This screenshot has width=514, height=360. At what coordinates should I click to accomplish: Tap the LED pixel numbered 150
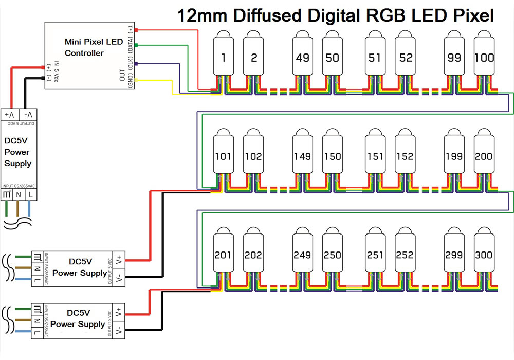pos(333,155)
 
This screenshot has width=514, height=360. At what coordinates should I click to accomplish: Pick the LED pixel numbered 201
pos(223,254)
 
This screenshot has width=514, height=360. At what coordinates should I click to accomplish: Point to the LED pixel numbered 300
pos(484,254)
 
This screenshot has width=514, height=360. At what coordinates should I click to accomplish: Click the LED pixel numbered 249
pos(303,254)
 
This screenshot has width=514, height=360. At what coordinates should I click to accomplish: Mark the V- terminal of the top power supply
pos(30,114)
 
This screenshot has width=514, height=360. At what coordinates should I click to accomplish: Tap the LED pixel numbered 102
pos(253,155)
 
